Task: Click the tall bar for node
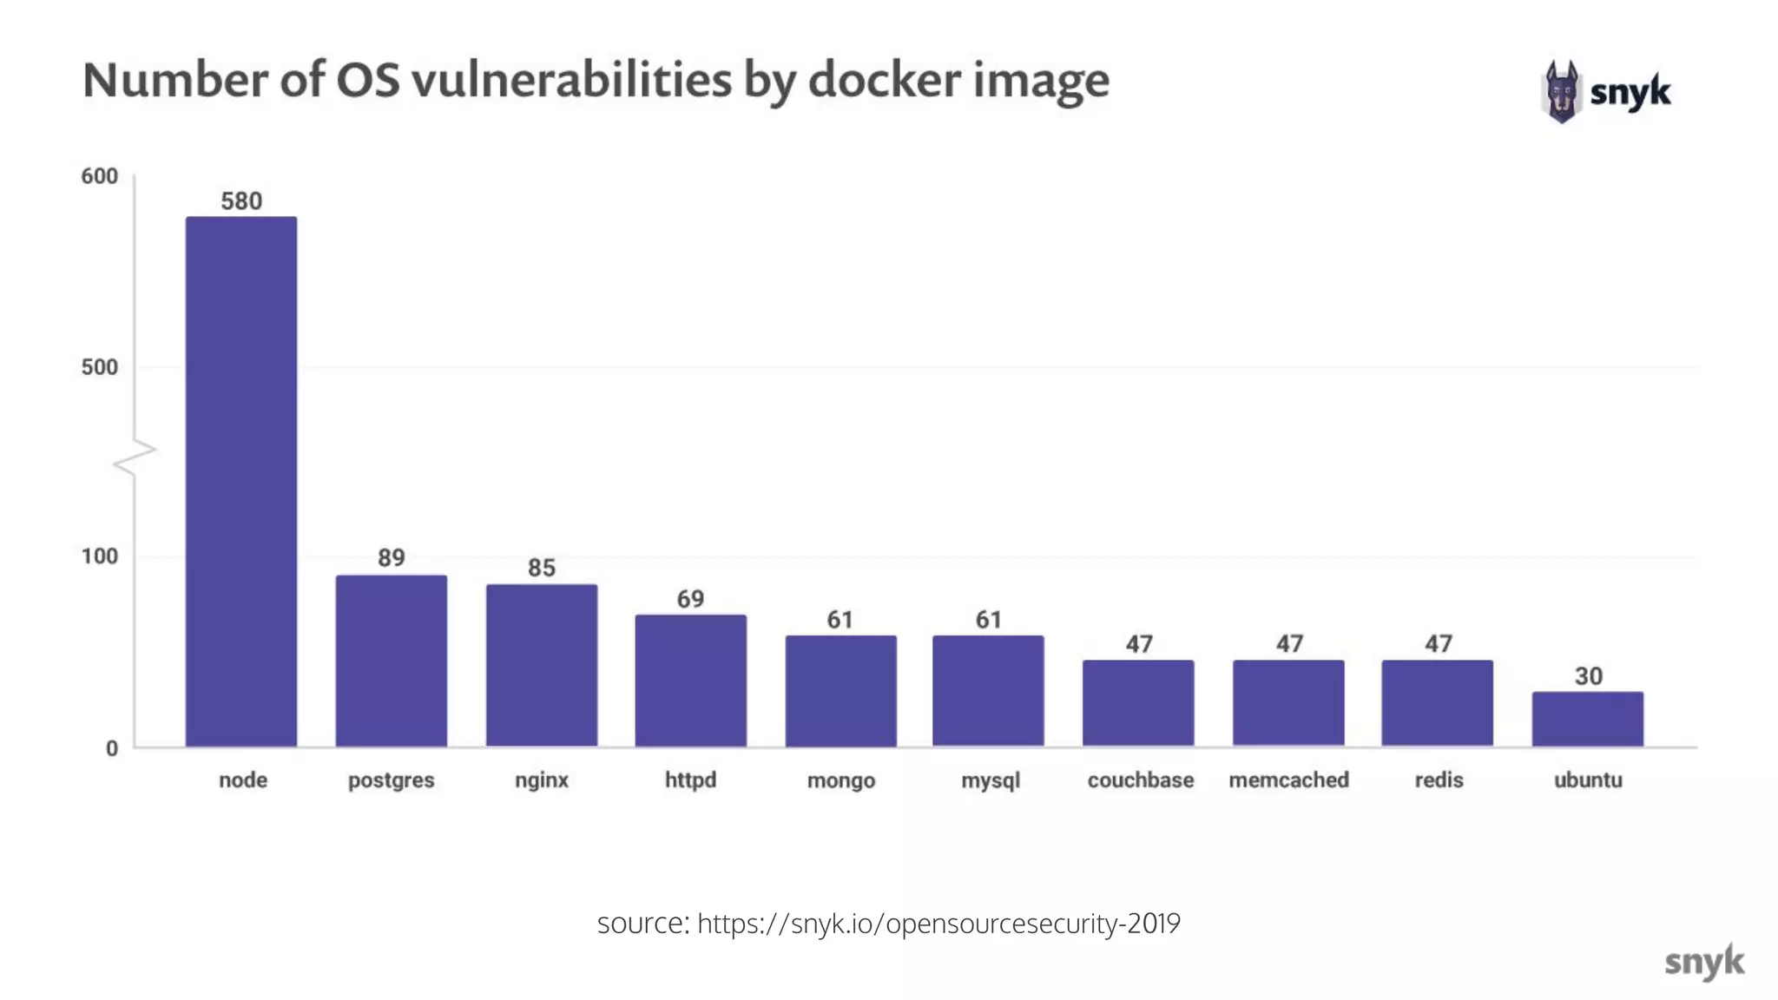click(x=241, y=482)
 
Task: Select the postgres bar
click(x=392, y=661)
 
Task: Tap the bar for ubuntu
click(x=1587, y=719)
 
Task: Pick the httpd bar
click(x=690, y=681)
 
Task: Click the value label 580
click(x=241, y=201)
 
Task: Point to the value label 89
click(x=392, y=557)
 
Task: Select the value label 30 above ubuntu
click(x=1588, y=676)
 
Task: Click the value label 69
click(x=690, y=599)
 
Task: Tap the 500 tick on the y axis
click(x=100, y=367)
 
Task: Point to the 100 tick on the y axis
click(x=100, y=556)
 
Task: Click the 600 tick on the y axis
click(x=100, y=176)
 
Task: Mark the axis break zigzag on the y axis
click(x=135, y=457)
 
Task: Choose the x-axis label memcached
click(x=1288, y=780)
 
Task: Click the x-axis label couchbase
click(x=1140, y=780)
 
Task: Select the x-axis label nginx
click(x=542, y=780)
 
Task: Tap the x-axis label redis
click(x=1439, y=780)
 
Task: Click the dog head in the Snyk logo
click(x=1562, y=91)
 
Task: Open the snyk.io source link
click(x=938, y=923)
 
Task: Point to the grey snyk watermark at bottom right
click(x=1703, y=962)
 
